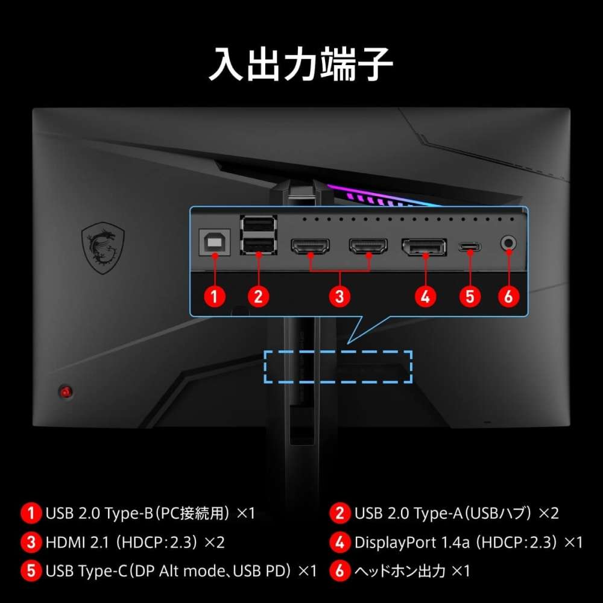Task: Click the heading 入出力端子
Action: [301, 65]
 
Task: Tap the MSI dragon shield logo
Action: [103, 247]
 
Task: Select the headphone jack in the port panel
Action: [508, 244]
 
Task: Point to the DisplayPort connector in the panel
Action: [425, 247]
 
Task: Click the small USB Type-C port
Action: [469, 247]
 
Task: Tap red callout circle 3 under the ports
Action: [340, 296]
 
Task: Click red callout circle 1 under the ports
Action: [214, 296]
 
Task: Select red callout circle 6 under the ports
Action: [508, 296]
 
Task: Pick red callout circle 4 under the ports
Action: [425, 296]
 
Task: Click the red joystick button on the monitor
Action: [65, 391]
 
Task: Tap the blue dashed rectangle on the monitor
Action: [338, 367]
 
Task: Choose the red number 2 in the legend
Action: [340, 513]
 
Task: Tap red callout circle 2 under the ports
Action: [258, 296]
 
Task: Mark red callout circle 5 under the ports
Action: [470, 296]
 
